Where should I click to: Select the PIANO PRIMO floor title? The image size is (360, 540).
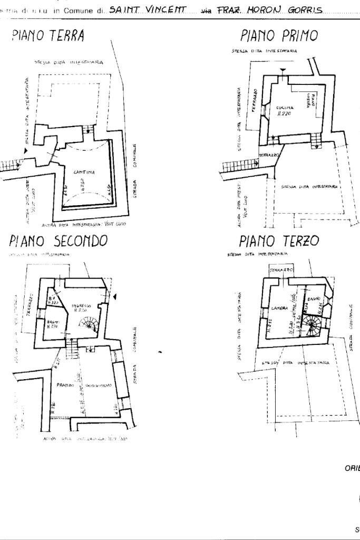click(x=279, y=36)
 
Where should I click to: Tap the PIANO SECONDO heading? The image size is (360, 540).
click(x=59, y=240)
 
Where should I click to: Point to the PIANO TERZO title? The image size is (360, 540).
click(x=279, y=241)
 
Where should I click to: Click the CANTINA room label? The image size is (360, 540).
click(x=84, y=172)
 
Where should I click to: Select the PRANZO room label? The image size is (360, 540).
click(x=64, y=386)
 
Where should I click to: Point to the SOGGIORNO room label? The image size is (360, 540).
click(x=99, y=387)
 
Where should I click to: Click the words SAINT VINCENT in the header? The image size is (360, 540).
click(x=148, y=10)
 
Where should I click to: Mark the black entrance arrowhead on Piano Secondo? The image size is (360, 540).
click(x=116, y=298)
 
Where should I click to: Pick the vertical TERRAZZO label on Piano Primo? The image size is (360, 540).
click(x=255, y=100)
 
